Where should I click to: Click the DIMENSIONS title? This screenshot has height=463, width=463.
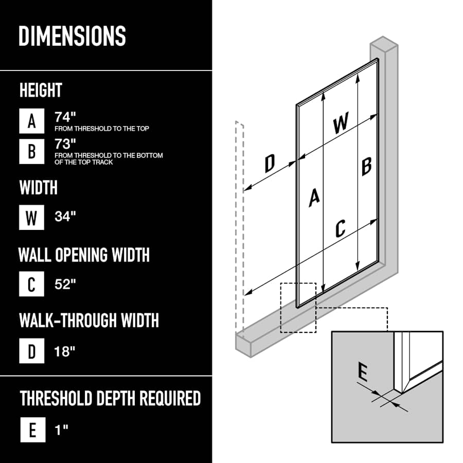(72, 35)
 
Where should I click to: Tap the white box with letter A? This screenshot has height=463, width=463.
(31, 121)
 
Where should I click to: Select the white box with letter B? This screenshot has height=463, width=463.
(31, 151)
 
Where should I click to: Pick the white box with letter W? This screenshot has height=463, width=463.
(31, 217)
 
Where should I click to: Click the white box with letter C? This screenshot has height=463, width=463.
(31, 284)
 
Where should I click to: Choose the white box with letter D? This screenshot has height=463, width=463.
(31, 351)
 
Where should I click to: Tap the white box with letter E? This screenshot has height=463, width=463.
(33, 430)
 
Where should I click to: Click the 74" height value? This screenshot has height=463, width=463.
(65, 117)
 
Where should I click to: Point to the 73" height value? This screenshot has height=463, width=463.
(65, 144)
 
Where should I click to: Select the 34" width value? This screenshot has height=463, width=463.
(65, 217)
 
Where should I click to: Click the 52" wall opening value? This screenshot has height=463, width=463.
(65, 284)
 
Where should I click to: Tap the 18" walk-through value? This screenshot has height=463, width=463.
(65, 351)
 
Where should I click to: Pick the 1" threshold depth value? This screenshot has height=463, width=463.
(61, 430)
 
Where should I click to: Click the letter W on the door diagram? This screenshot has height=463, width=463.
(341, 122)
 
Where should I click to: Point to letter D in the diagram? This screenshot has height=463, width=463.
(270, 163)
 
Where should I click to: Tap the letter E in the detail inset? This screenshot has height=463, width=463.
(363, 372)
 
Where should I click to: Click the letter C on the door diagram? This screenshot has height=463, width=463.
(341, 228)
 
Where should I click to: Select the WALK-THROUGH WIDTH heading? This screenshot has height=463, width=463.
(89, 320)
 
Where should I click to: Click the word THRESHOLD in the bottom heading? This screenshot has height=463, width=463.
(56, 398)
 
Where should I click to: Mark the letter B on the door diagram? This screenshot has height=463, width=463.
(366, 167)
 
